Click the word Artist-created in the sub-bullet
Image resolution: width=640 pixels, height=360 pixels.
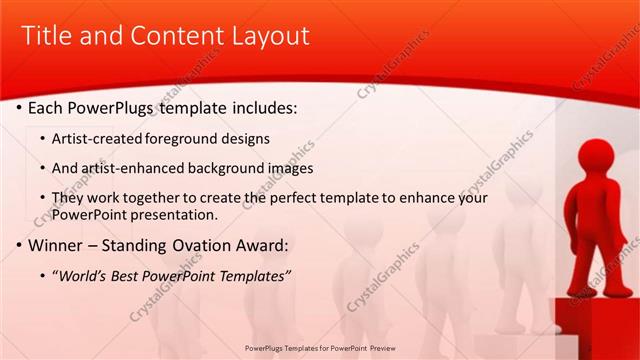pyautogui.click(x=99, y=137)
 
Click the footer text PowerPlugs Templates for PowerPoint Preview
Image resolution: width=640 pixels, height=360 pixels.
pyautogui.click(x=319, y=348)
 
